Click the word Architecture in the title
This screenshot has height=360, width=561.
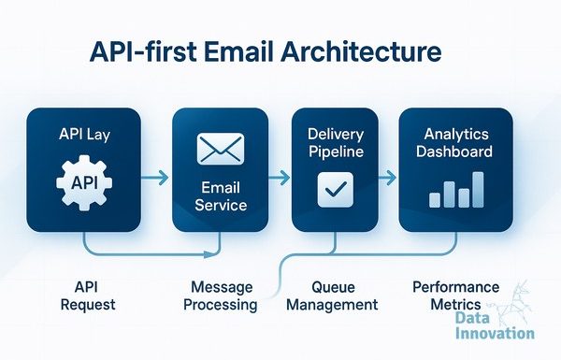coord(361,51)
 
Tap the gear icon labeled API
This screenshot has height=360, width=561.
coord(84,183)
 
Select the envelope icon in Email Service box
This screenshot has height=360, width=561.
coord(221,149)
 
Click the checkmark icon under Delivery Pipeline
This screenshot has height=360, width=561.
coord(336,190)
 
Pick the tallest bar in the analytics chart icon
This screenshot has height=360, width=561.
coord(478,190)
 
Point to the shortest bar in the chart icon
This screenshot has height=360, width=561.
coord(435,200)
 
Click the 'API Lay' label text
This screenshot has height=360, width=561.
coord(84,135)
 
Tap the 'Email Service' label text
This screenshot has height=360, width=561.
coord(221,196)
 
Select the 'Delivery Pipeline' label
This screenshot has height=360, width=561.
coord(336,143)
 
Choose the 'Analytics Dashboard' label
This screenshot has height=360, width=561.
coord(454,143)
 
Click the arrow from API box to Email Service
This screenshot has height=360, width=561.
coord(154,177)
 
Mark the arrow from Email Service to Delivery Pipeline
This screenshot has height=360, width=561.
coord(279,177)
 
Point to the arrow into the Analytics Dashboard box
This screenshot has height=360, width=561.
coord(387,177)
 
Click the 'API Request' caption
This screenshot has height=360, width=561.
coord(88,295)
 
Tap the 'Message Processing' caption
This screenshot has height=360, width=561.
coord(221,295)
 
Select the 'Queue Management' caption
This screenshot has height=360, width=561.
coord(332,295)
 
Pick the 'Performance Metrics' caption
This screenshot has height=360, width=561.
coord(456,295)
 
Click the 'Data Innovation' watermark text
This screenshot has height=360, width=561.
coord(495,326)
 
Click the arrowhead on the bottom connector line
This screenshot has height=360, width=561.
coord(209,254)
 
